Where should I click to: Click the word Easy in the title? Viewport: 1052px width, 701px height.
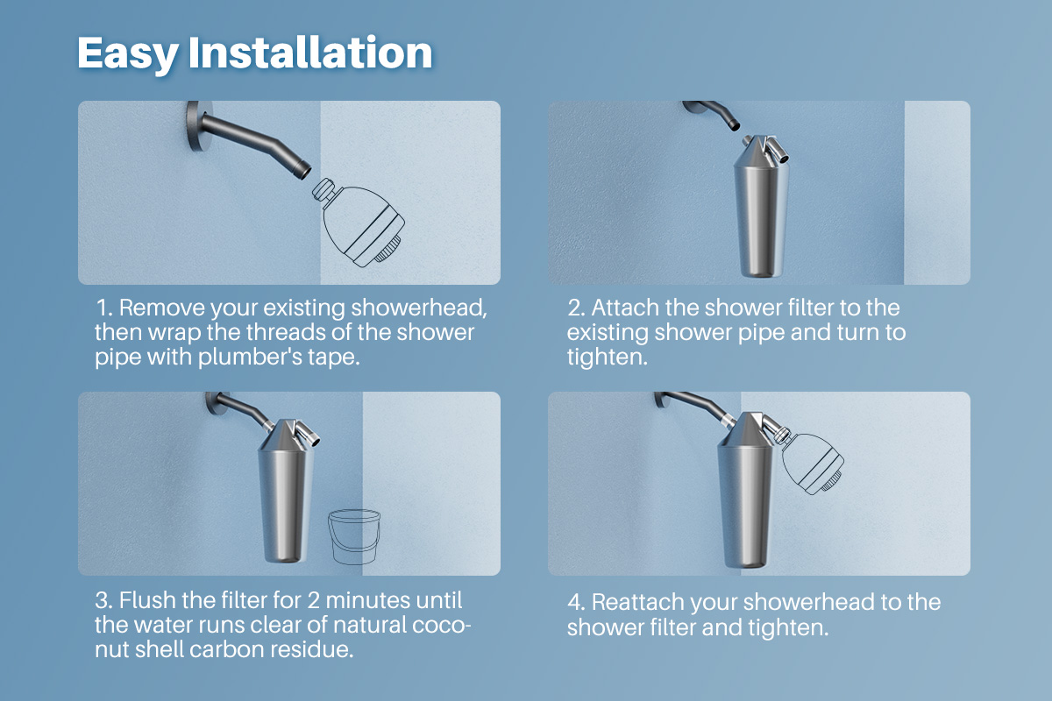tap(127, 54)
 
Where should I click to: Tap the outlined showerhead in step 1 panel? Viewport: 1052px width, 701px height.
tap(359, 223)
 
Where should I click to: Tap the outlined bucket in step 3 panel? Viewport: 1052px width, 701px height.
tap(353, 536)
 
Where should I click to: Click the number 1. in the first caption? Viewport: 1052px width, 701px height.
tap(104, 308)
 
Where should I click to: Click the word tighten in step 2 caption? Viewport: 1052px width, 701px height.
tap(607, 357)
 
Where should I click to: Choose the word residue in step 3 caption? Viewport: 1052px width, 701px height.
tap(311, 649)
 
